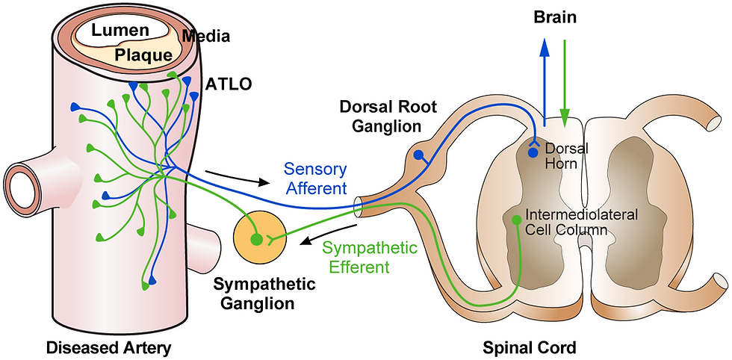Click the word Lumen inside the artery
pos(120,31)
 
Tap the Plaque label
pos(143,55)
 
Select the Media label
pos(206,36)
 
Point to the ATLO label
pos(229,84)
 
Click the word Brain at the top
pos(555,17)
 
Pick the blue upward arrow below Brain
pos(545,82)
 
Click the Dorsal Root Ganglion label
pos(388,117)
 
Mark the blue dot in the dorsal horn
pos(533,152)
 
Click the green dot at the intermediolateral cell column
pos(516,219)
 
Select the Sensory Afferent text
pos(316,179)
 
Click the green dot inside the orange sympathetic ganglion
pos(255,240)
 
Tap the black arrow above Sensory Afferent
pos(238,178)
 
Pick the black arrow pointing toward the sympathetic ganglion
pos(329,234)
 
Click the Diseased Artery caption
pos(109,348)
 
